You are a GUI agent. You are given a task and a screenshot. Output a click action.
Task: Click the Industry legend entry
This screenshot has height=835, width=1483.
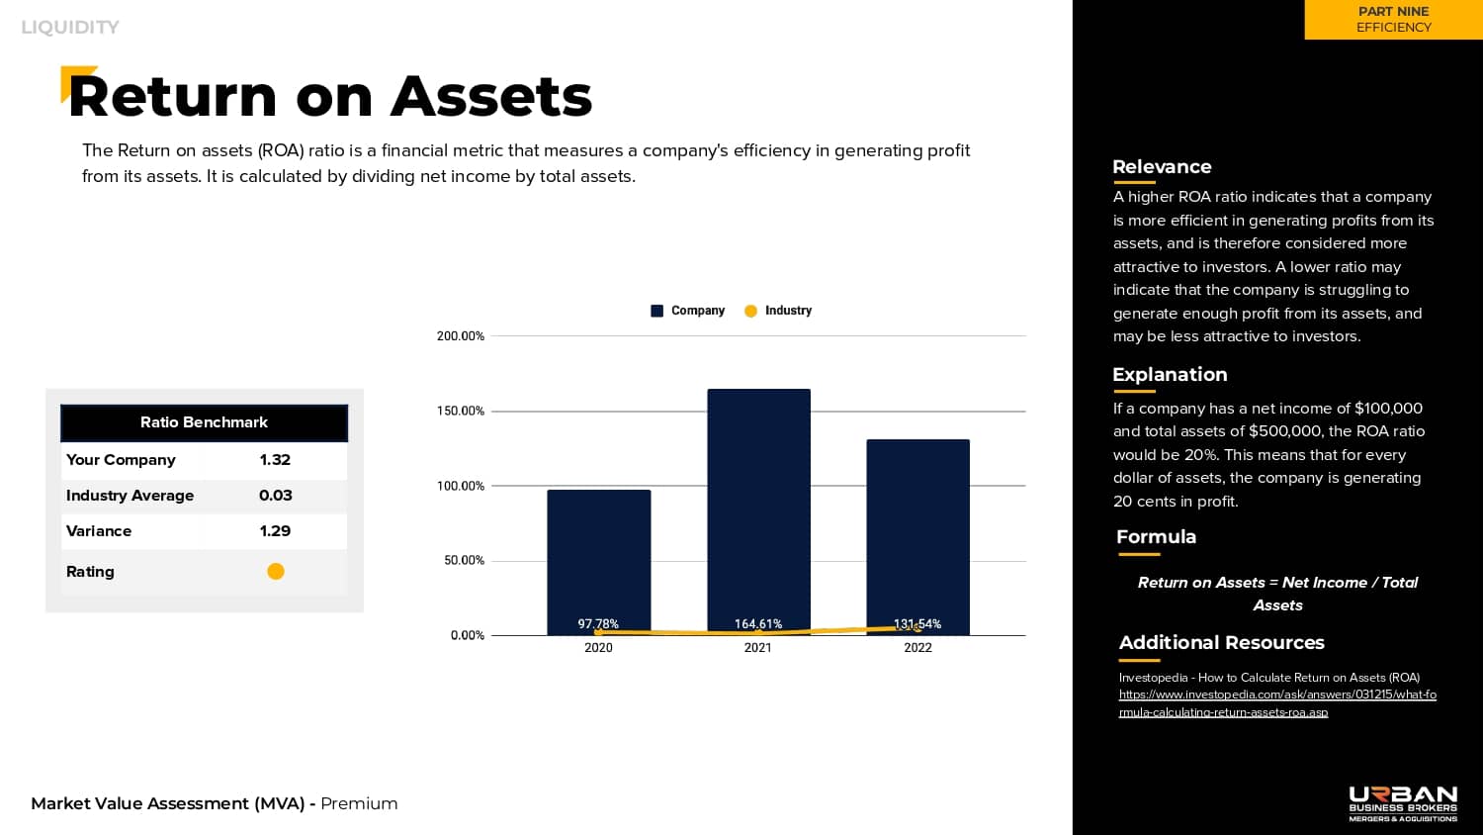click(778, 311)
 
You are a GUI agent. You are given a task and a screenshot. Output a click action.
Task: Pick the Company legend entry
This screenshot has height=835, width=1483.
click(688, 311)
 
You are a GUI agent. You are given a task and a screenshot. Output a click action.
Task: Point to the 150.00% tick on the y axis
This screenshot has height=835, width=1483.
click(461, 411)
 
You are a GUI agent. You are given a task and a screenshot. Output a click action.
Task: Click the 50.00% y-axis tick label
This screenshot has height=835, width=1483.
click(464, 560)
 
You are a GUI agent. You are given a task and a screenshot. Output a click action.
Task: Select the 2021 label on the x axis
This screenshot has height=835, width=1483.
click(757, 648)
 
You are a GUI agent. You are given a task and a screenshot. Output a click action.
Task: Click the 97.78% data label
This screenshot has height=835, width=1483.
click(598, 624)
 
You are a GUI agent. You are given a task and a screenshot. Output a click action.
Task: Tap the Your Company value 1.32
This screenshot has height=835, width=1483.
click(275, 460)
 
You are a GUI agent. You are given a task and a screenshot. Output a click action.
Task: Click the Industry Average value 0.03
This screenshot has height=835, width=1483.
click(275, 496)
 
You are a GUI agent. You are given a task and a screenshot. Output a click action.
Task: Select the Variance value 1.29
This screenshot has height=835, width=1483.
click(275, 531)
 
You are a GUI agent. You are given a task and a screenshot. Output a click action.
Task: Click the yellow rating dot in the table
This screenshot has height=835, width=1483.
click(276, 571)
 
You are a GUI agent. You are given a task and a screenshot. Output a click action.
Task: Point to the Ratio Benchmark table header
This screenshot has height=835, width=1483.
click(204, 422)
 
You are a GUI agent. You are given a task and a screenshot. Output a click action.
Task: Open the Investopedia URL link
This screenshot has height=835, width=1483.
click(1277, 702)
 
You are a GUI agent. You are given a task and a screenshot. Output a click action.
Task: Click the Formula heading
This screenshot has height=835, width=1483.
click(1156, 537)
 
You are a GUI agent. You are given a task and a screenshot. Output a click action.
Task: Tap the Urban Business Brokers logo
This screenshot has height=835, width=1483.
click(1403, 803)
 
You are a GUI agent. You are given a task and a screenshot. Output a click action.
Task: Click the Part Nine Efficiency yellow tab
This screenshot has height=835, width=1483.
click(1393, 20)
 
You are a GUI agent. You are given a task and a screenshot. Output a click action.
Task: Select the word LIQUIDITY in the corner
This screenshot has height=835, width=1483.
click(70, 28)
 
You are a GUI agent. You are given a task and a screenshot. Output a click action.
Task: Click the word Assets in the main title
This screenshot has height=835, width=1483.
click(491, 97)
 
